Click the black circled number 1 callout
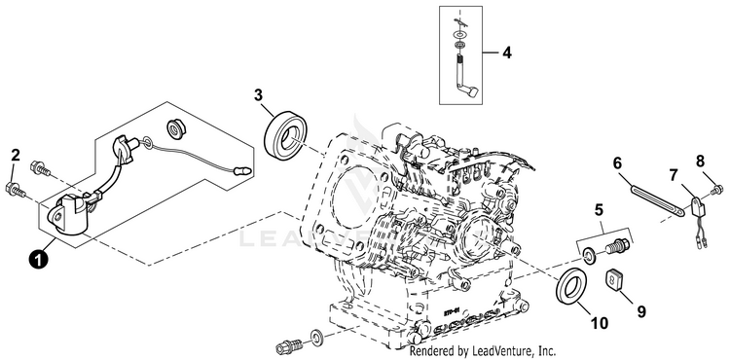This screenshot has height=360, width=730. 38,259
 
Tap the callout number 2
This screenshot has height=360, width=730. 16,156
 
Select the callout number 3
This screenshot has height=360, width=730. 258,95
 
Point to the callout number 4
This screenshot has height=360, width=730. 506,53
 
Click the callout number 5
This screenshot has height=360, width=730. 599,210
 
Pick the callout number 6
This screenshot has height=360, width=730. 617,163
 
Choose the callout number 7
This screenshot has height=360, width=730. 674,176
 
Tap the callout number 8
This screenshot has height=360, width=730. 700,162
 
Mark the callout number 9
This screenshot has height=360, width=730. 641,312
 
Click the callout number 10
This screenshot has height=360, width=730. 600,323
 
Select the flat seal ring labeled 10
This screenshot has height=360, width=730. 571,286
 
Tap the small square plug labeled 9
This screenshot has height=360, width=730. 612,280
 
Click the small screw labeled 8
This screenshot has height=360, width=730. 717,189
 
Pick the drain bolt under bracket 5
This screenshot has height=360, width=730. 618,246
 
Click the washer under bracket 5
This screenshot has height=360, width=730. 590,256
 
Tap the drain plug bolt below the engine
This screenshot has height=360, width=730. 288,346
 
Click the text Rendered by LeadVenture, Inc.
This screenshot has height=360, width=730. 483,350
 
